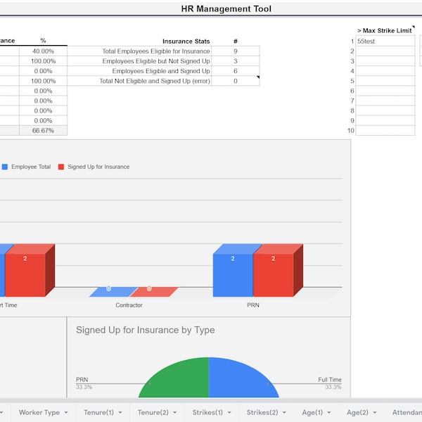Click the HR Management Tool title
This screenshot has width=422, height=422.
[x=226, y=8]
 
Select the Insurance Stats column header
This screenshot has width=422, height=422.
[x=186, y=41]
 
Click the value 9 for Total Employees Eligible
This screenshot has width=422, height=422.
[x=235, y=51]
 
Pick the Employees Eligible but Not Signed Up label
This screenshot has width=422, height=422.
[x=155, y=61]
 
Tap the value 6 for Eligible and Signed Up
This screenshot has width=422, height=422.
[x=235, y=71]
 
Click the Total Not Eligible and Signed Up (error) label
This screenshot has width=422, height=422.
[x=154, y=81]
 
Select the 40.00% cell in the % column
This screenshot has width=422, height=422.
[x=43, y=51]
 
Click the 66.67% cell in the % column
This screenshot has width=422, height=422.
[x=43, y=130]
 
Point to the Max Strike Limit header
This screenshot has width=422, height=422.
[x=384, y=31]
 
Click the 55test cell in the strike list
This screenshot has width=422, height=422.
[x=385, y=41]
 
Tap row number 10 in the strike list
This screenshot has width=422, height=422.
[x=350, y=130]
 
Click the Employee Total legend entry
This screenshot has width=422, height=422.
[x=30, y=167]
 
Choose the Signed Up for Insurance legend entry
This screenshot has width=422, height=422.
[x=98, y=167]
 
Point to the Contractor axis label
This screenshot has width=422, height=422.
[x=129, y=305]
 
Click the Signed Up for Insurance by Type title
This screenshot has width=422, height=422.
[x=145, y=330]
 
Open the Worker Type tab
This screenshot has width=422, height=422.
[x=43, y=412]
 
